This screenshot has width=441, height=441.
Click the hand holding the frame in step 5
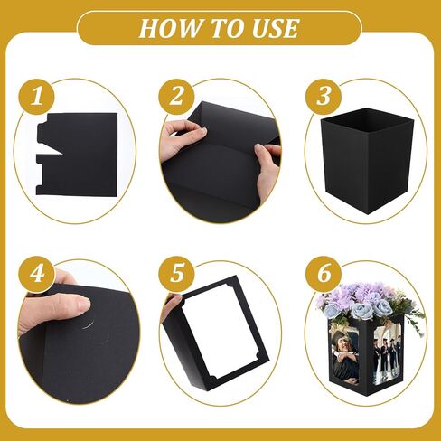point(171,307)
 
